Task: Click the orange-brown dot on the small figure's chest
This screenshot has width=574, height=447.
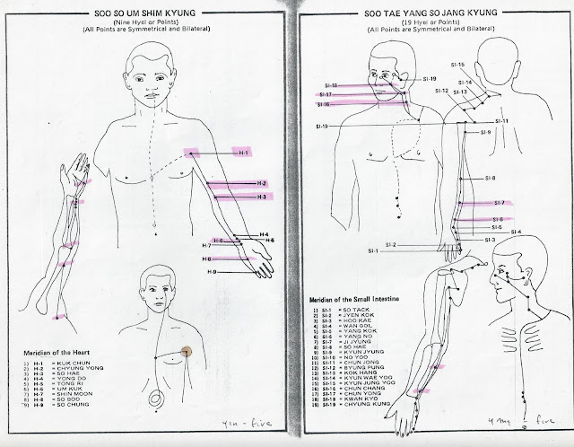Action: [187, 353]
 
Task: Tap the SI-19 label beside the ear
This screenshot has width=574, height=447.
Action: [418, 79]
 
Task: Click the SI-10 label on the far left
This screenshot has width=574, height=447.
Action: [322, 126]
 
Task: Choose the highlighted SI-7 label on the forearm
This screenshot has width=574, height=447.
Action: [498, 203]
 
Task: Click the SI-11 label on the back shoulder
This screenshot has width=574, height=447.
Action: [501, 121]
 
